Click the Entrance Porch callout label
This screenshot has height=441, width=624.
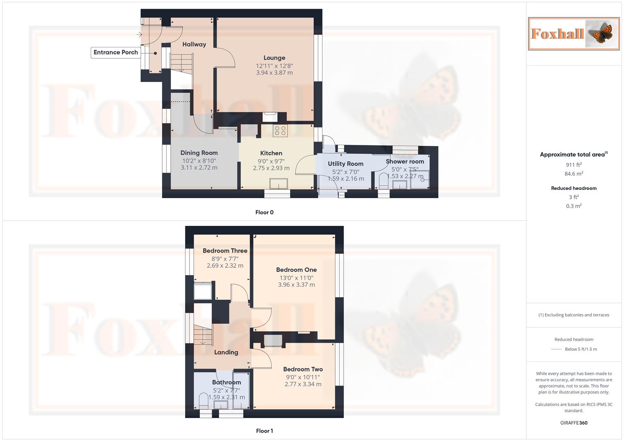116,52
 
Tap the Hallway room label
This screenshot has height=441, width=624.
194,44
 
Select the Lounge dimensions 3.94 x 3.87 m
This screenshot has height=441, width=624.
274,73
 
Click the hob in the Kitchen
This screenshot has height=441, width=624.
280,131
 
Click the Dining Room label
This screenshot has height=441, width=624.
199,153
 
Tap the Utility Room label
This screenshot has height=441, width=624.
345,164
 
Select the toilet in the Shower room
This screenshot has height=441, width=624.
383,182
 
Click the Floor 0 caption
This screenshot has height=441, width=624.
264,212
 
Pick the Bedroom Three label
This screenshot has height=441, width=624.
225,251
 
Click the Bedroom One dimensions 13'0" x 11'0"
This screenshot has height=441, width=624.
296,278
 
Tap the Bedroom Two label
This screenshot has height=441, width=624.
303,369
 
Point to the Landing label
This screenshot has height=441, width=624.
226,352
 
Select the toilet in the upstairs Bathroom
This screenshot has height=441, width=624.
203,401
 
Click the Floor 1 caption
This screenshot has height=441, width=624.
264,431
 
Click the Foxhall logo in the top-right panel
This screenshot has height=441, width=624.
574,34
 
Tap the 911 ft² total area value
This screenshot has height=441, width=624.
574,165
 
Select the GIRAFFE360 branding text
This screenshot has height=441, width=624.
574,423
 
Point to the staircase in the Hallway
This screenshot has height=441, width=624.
181,63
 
